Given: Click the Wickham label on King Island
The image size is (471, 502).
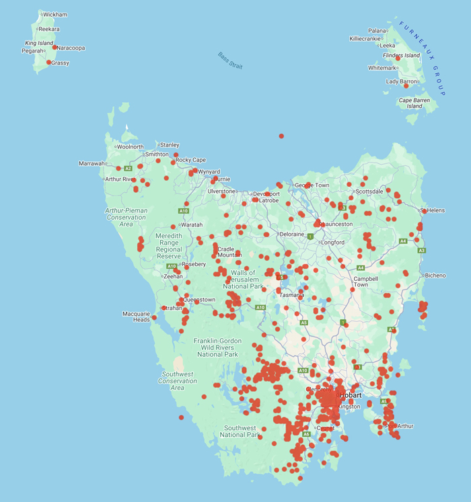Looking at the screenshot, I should pos(55,14).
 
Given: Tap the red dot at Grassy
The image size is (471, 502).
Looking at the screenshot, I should pos(49,62).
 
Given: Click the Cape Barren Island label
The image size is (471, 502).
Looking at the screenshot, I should pos(414,103).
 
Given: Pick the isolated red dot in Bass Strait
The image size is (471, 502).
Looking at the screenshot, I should pos(281,136).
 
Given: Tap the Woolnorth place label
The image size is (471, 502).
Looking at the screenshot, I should pos(131,147).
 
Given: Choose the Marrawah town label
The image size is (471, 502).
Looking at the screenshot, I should pos(92,163).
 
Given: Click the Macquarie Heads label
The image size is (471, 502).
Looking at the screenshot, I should pos(137,317).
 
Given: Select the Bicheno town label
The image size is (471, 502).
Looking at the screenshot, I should pos(435,276).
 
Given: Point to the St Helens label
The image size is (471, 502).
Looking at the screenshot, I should pos(434,210).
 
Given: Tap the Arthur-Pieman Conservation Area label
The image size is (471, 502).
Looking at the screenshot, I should pos(126,217).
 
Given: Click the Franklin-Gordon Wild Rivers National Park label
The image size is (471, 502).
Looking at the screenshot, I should pos(217,347).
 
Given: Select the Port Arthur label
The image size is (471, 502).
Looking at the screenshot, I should pos(400,426).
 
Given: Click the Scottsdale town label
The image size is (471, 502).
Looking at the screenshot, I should pos(369,192).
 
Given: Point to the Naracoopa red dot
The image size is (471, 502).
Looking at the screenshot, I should pos(55,48).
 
